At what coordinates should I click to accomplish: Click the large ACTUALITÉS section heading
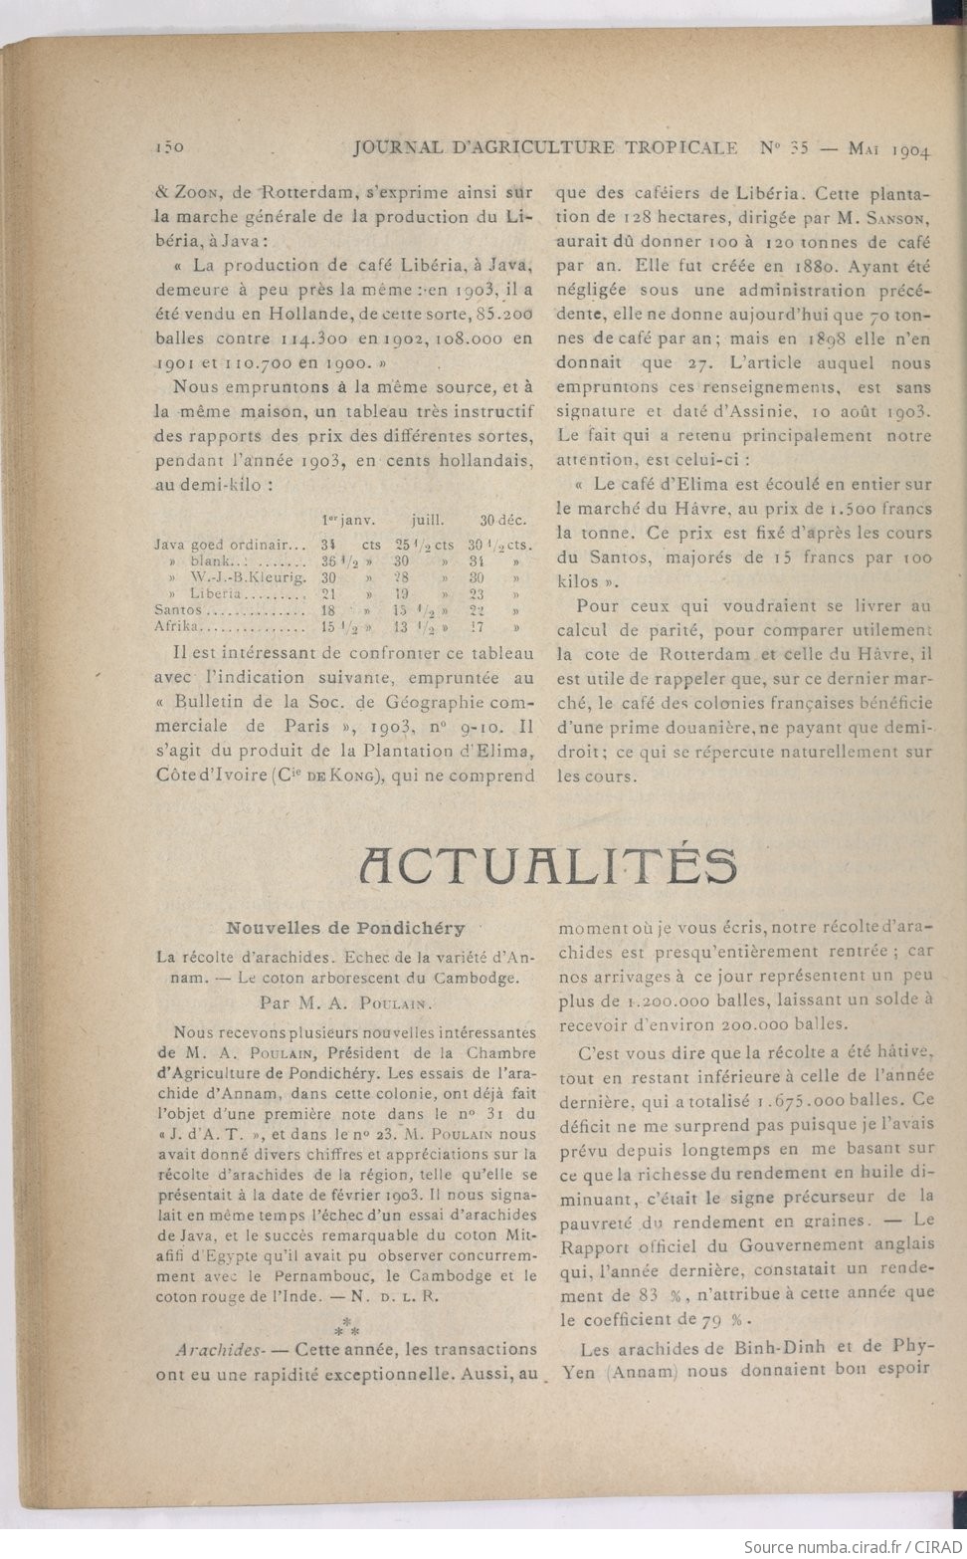coord(548,865)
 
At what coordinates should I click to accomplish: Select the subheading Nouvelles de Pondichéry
coord(345,928)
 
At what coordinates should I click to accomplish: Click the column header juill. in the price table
coord(428,520)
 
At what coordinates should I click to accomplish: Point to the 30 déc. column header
coord(501,520)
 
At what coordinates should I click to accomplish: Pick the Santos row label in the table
coord(178,609)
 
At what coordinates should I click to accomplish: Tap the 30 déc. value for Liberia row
coord(477,593)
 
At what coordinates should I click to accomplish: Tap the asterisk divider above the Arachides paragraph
coord(346,1325)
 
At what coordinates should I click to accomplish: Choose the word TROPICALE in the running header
coord(681,147)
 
